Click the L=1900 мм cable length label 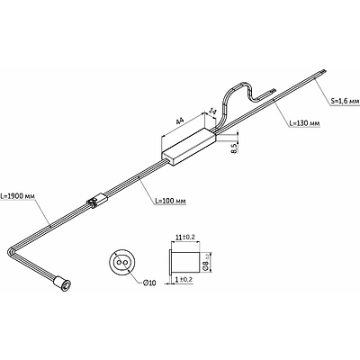pos(18,197)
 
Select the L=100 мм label pos(170,201)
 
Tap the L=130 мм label pos(304,123)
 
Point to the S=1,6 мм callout pos(345,102)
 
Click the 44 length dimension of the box pos(180,121)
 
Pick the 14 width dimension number pos(212,112)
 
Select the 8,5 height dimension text pos(235,148)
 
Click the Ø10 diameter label pos(149,283)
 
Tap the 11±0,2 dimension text pos(185,237)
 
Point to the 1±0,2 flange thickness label pos(184,279)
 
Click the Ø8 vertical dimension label pos(206,262)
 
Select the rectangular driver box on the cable pos(189,146)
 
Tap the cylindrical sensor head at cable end pos(61,283)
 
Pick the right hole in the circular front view pos(124,262)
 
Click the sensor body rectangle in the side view pos(186,262)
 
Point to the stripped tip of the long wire pos(323,72)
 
